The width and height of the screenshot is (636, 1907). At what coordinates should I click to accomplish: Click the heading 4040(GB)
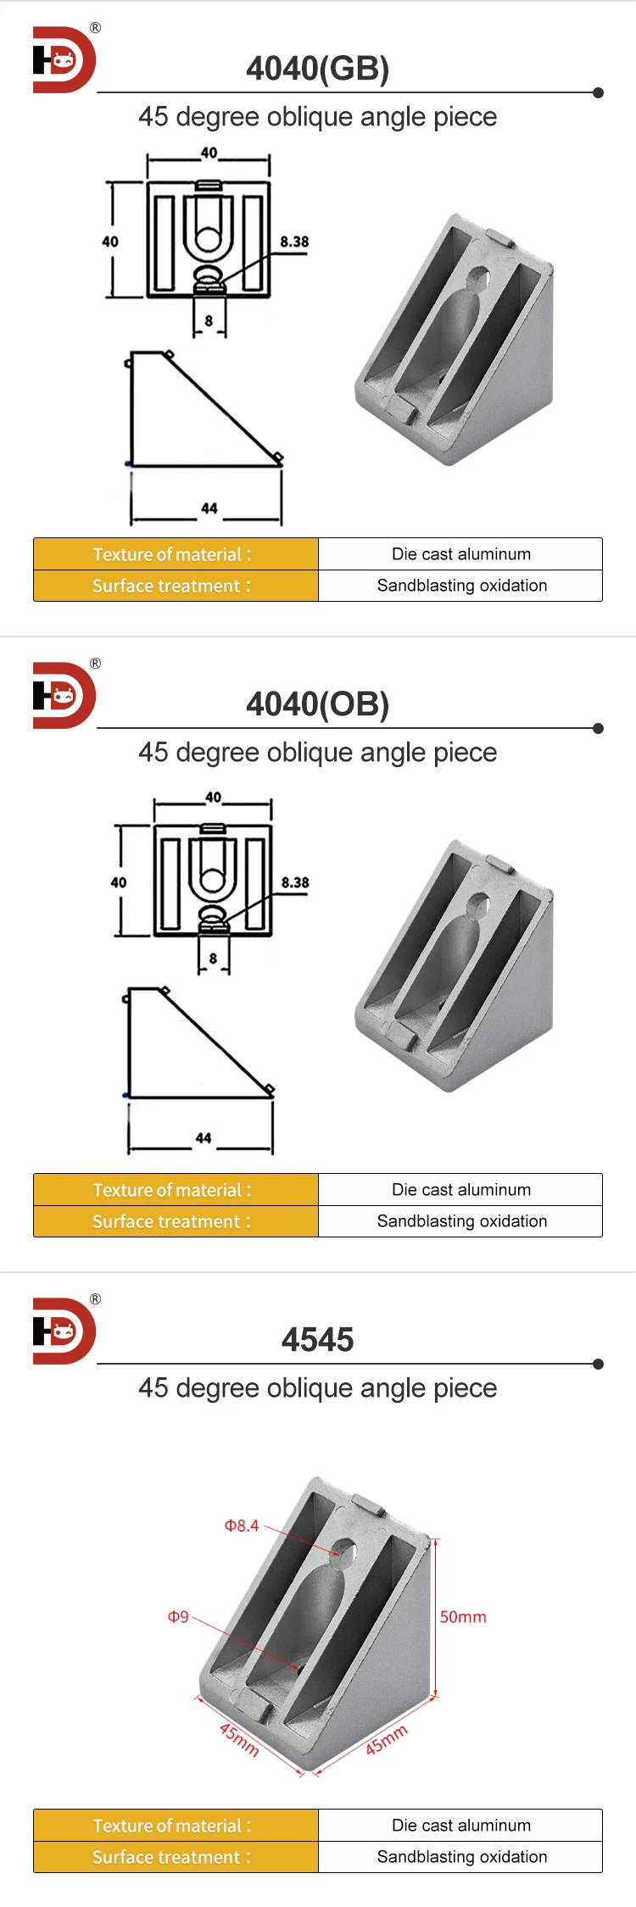click(317, 69)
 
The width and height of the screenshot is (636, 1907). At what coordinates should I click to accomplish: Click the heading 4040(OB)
click(317, 704)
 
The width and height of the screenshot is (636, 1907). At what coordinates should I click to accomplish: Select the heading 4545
click(317, 1340)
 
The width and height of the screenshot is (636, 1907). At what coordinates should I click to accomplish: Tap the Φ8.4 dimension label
click(242, 1526)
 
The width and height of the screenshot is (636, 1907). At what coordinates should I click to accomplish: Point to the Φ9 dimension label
click(178, 1617)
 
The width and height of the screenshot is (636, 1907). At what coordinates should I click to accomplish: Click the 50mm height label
click(463, 1617)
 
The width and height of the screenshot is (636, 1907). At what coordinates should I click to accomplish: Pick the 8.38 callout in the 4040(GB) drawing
click(294, 242)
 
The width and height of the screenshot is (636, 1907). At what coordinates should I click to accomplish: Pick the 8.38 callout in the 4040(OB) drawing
click(295, 882)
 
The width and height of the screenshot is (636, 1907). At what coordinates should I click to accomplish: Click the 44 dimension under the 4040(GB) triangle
click(209, 509)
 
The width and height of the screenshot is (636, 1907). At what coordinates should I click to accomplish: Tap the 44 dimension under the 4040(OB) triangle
click(204, 1138)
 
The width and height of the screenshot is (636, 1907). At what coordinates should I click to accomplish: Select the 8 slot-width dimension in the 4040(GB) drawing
click(209, 321)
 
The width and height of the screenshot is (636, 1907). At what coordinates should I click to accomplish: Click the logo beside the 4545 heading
click(64, 1332)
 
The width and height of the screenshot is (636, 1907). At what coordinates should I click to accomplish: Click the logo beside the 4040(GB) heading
click(64, 60)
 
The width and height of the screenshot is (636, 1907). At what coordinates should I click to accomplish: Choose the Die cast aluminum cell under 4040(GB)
click(460, 554)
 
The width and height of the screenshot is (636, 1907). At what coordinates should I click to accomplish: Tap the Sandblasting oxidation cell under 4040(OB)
click(460, 1221)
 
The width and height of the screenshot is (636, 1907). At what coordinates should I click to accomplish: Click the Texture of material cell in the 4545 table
click(176, 1826)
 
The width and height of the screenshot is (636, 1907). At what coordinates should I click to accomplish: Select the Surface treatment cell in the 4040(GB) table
click(176, 586)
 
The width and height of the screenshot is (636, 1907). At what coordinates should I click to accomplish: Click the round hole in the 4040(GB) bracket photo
click(477, 277)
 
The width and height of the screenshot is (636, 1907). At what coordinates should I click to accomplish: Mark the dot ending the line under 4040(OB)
click(598, 728)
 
